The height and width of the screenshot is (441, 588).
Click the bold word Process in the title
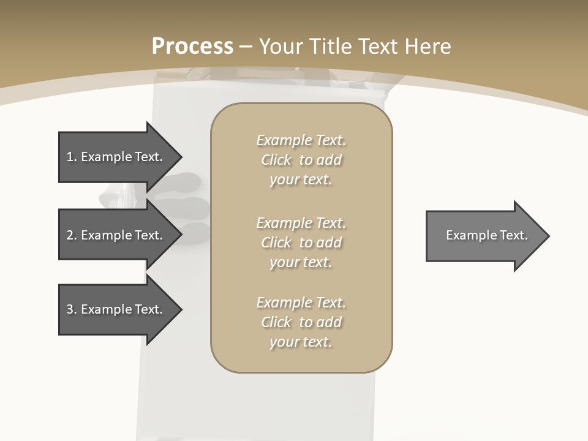(x=192, y=47)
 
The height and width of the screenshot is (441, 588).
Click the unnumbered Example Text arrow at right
(x=487, y=235)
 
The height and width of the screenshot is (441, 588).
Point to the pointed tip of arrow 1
(x=181, y=157)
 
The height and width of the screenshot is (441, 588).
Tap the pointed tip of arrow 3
(x=181, y=309)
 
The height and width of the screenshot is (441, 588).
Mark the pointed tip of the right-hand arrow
(x=548, y=236)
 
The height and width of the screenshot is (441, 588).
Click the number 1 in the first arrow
(x=70, y=157)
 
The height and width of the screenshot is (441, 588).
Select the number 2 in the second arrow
(x=70, y=235)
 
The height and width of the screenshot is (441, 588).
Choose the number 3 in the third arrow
(x=70, y=309)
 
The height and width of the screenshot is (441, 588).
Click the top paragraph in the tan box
(x=301, y=160)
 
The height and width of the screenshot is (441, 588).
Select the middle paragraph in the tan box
(x=301, y=243)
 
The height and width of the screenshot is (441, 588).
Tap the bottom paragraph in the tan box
(x=301, y=322)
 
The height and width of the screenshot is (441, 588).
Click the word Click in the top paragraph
(x=276, y=160)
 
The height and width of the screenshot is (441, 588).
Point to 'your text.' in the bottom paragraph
(x=301, y=342)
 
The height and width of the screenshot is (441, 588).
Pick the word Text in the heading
(x=379, y=47)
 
